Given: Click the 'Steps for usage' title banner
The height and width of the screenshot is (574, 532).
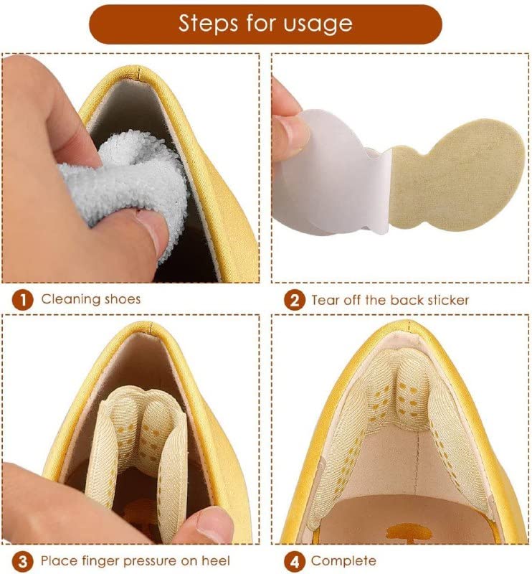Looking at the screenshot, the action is [x=265, y=24].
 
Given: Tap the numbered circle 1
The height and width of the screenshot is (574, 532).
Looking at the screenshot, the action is [x=22, y=300].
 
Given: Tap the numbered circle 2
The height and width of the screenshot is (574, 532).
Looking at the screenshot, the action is [x=295, y=300].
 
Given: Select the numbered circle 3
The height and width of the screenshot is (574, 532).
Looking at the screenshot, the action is [x=22, y=561].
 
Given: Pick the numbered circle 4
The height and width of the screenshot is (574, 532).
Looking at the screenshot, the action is [x=295, y=561].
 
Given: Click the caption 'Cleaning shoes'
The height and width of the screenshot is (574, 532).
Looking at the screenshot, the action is [x=91, y=299].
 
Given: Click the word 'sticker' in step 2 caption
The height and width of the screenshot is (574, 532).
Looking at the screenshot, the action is [x=448, y=300].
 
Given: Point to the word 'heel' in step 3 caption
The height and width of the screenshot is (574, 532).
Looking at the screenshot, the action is [x=217, y=560].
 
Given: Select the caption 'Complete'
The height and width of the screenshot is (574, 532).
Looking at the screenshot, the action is [x=343, y=561].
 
